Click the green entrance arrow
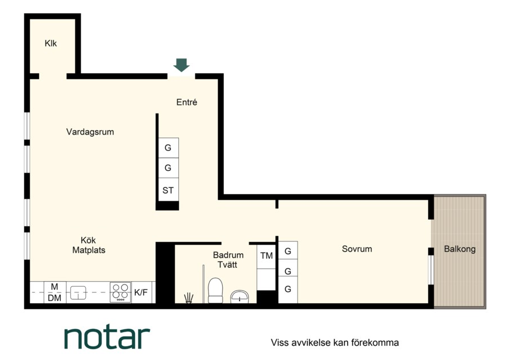(x=181, y=65)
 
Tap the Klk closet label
(x=51, y=43)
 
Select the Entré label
(x=187, y=102)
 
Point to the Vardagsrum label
(x=90, y=132)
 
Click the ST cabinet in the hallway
(x=168, y=190)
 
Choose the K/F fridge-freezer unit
(x=141, y=292)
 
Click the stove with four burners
(x=120, y=292)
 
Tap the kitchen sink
(x=78, y=292)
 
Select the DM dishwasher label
(x=55, y=298)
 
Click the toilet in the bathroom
(x=215, y=290)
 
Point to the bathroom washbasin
(x=240, y=297)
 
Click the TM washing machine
(x=266, y=256)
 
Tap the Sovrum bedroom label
(x=357, y=249)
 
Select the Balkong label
(x=459, y=249)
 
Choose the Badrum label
(x=228, y=255)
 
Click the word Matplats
(x=89, y=250)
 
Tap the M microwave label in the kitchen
(x=55, y=287)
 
